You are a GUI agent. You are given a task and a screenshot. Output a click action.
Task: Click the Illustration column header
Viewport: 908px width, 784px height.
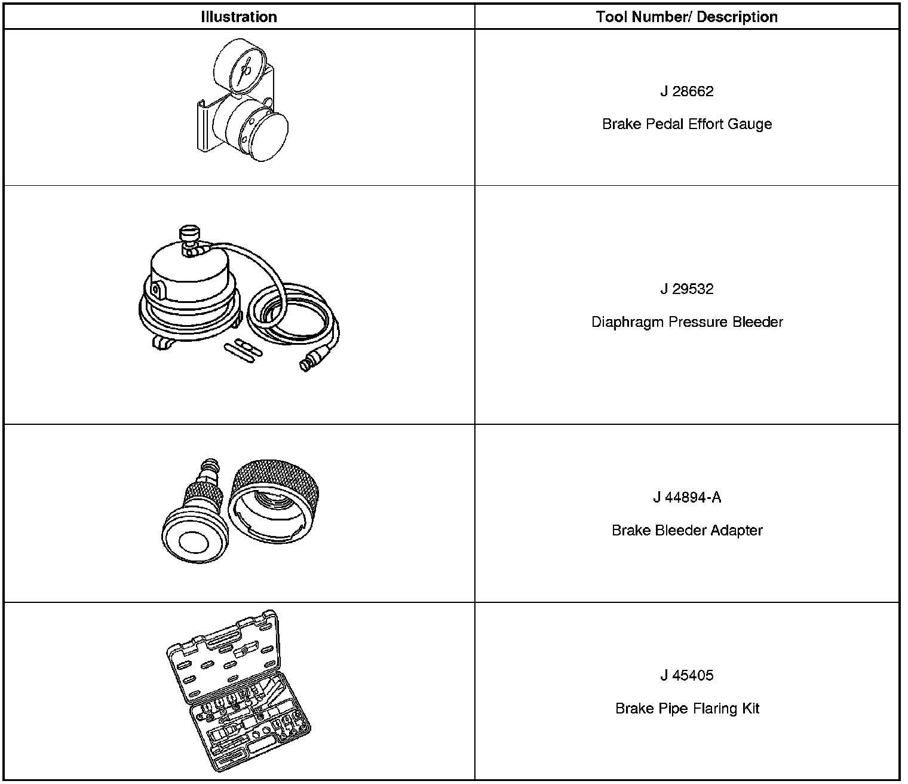pyautogui.click(x=238, y=17)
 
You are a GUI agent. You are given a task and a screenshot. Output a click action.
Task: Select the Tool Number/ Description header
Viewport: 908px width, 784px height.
pyautogui.click(x=686, y=17)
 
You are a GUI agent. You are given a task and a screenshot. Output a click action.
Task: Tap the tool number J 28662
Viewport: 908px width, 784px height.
pyautogui.click(x=686, y=91)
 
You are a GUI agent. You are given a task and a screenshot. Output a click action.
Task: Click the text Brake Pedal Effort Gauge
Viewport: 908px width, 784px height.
pyautogui.click(x=686, y=124)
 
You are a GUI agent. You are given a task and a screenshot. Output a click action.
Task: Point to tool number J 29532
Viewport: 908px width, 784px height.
pyautogui.click(x=686, y=289)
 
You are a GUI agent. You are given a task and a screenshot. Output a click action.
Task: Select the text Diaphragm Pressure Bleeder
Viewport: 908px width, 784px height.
pyautogui.click(x=686, y=322)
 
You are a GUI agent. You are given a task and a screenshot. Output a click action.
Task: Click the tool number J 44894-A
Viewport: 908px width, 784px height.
pyautogui.click(x=686, y=498)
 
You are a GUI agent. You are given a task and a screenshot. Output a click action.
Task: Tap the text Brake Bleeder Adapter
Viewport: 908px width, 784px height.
pyautogui.click(x=686, y=531)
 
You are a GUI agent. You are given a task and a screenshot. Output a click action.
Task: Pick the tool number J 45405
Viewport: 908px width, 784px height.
pyautogui.click(x=686, y=676)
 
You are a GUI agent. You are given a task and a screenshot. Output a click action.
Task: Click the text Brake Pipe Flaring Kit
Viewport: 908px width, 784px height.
pyautogui.click(x=686, y=709)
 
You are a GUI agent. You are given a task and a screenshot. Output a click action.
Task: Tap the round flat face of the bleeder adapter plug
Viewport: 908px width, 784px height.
pyautogui.click(x=193, y=545)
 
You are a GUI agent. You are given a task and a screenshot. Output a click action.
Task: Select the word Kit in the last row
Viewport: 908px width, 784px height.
pyautogui.click(x=750, y=709)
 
